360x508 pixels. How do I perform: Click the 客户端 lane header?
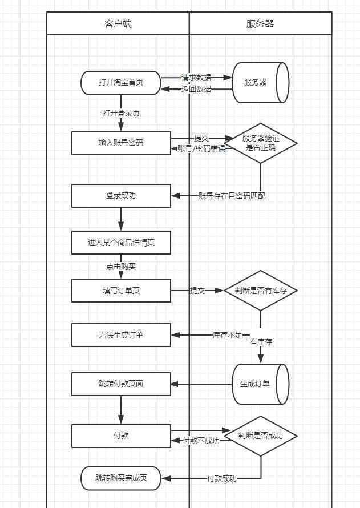(118, 23)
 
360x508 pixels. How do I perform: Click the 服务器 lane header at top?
(260, 23)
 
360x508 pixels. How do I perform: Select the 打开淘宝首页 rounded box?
(121, 83)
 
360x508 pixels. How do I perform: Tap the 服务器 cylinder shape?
(260, 83)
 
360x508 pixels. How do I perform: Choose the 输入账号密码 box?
(121, 143)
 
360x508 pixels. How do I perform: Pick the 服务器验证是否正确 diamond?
(261, 143)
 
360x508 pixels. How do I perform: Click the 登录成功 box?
(121, 196)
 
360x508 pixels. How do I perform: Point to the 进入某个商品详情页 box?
(121, 243)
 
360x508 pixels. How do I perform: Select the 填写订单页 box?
(121, 291)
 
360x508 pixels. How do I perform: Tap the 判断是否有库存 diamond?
(261, 291)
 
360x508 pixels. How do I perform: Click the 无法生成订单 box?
(121, 335)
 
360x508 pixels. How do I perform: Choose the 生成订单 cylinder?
(260, 384)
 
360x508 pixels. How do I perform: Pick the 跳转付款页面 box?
(121, 384)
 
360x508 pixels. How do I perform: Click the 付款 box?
(121, 436)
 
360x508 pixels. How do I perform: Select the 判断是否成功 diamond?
(261, 436)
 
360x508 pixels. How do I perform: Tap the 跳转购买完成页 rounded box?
(121, 478)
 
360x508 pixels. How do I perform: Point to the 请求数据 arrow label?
(196, 78)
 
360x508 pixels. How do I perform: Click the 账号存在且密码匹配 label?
(232, 196)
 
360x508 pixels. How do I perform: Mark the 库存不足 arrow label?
(228, 335)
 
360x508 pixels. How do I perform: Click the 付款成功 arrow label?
(222, 478)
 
